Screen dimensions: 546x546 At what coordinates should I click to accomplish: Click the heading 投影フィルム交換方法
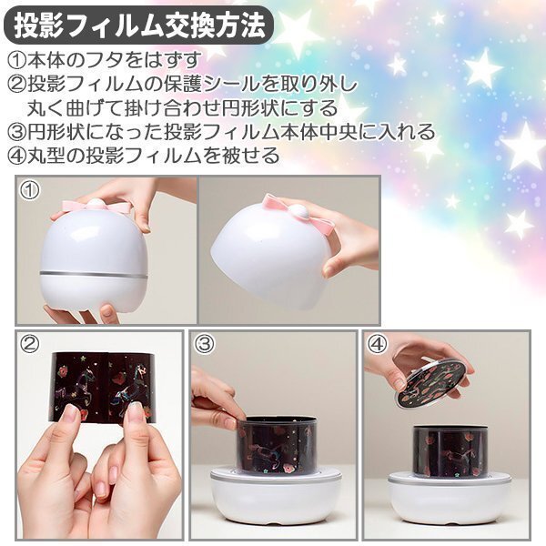coord(138,25)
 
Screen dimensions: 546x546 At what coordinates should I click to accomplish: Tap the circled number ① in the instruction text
coord(17,60)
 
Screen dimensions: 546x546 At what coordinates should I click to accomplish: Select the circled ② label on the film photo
coord(30,344)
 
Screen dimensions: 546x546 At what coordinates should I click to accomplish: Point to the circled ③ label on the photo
coord(203,344)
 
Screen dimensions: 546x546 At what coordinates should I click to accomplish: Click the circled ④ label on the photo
coord(378,344)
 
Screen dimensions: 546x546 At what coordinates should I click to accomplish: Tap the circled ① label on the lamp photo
coord(30,190)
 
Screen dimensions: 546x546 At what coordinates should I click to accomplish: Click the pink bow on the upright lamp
coord(97,207)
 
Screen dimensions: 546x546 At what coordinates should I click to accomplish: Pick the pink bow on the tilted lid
coord(300,213)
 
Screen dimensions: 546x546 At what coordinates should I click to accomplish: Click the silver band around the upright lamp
coord(94,274)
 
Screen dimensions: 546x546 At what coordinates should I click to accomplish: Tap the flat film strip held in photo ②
coord(104,388)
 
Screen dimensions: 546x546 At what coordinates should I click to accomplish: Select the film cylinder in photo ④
coord(450,450)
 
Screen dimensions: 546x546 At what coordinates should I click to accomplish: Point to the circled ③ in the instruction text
coord(17,132)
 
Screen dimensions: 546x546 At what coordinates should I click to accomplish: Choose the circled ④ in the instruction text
coord(17,156)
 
